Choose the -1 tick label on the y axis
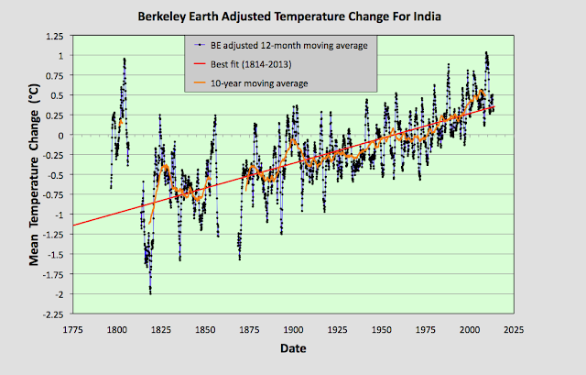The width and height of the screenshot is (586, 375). click(x=57, y=215)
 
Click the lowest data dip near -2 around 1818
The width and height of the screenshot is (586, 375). click(x=150, y=292)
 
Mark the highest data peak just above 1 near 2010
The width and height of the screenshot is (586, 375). click(x=485, y=52)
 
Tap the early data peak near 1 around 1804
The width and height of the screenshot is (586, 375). click(x=125, y=59)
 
